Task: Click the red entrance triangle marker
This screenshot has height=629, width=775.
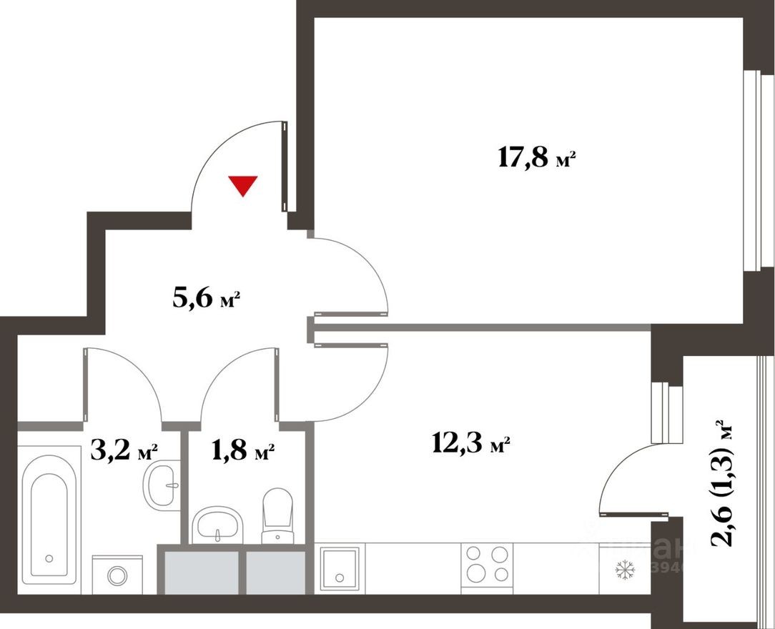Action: coord(244,185)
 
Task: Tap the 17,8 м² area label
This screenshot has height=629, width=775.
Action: coord(536,158)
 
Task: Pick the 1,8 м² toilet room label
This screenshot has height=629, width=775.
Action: coord(242,451)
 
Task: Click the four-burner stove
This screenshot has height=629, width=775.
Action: coord(488,565)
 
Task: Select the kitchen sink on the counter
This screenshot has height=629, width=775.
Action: coord(338,568)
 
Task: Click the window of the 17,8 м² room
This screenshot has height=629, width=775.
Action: coord(749,172)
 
